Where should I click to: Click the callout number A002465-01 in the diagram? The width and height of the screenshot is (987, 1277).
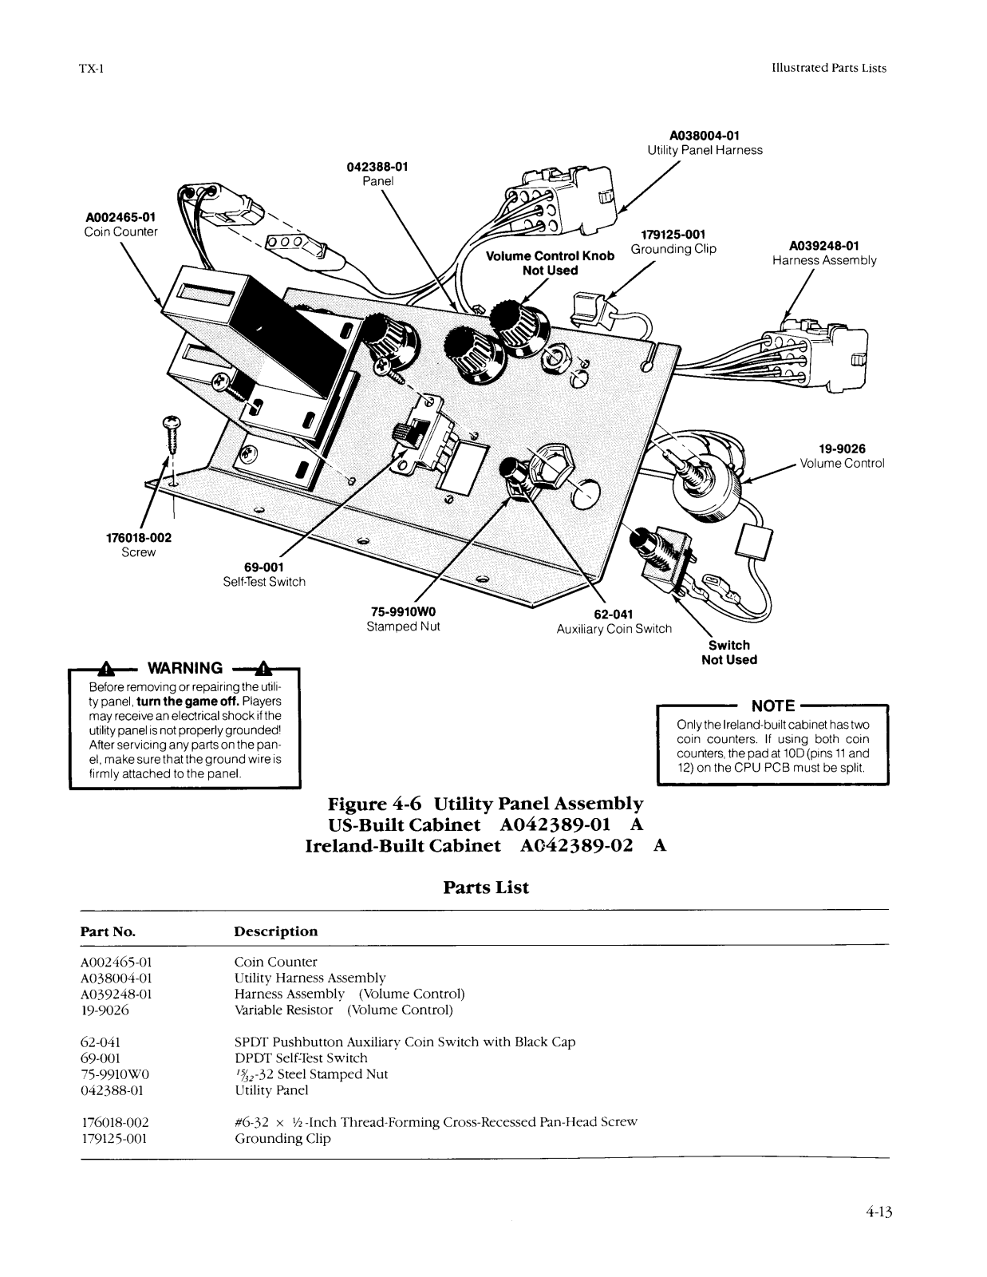point(121,217)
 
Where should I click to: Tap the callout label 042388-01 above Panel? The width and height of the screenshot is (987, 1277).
point(377,167)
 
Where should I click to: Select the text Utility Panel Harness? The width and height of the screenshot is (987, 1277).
point(705,150)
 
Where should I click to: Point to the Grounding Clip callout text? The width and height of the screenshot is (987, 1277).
point(673,249)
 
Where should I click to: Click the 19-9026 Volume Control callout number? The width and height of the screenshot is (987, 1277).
point(843,449)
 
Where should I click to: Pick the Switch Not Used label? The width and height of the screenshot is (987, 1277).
point(729,652)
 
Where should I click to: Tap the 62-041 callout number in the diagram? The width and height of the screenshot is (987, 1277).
point(614,614)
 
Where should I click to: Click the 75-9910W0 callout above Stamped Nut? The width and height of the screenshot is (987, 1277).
point(403,611)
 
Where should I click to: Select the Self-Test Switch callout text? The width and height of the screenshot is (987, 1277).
point(264,582)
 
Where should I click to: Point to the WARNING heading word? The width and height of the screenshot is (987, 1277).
point(185,668)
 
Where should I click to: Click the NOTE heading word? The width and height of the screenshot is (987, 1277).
point(773,706)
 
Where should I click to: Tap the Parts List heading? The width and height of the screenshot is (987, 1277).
point(486,888)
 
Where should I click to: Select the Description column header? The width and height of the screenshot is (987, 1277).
point(275,931)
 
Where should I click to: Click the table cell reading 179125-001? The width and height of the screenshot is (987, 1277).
point(114,1138)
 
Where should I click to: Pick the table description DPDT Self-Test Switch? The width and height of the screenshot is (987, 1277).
point(301,1058)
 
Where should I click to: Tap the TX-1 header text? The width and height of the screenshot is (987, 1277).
point(91,69)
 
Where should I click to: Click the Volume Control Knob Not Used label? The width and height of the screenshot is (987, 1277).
point(550,263)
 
